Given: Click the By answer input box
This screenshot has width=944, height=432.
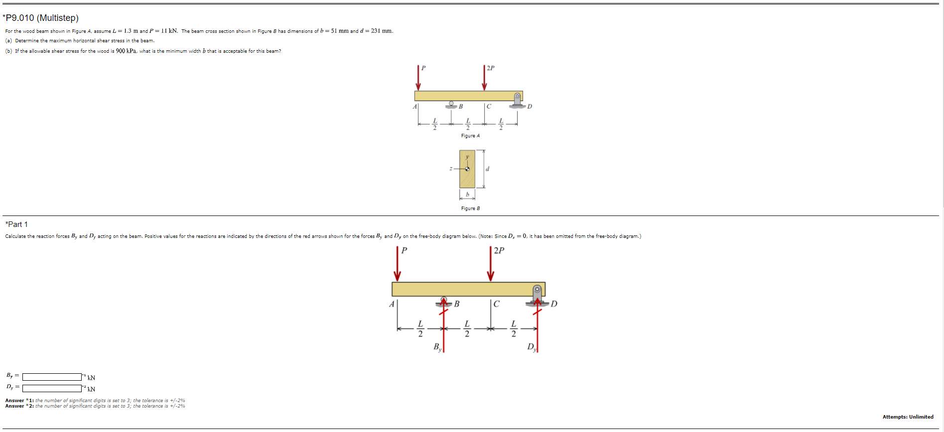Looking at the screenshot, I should coord(52,377).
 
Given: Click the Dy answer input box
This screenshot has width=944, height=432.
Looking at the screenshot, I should coord(52,388).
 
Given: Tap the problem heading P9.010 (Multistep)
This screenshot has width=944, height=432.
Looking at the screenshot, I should coord(41,18).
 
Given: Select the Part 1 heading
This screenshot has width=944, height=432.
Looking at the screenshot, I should coord(16,224).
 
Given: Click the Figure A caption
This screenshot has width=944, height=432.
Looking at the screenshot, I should coord(470,136).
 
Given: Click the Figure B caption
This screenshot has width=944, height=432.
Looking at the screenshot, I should coord(470,209).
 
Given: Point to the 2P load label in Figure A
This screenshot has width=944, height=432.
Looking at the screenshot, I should coord(491,68).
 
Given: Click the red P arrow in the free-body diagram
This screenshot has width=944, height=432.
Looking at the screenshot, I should coord(397,264).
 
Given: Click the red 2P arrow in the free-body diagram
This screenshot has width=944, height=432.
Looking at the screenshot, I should coord(491,264).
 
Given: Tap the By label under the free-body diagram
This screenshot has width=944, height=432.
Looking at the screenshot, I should coord(437,347).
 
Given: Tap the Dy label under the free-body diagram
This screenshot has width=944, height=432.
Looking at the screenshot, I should coord(532,347).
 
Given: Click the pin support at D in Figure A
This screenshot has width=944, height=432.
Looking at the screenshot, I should coord(518,100).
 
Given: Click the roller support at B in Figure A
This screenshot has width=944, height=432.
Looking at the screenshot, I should coord(451,105).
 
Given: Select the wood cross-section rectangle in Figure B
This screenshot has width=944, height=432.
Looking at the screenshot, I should coord(467,169).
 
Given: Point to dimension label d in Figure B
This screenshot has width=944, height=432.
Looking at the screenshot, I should coord(488,169).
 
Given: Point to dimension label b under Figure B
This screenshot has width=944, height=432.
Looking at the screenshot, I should coord(467,194).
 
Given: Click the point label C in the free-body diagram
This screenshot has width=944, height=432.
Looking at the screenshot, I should coord(496,304).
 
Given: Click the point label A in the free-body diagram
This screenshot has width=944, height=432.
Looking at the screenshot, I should coord(392,304).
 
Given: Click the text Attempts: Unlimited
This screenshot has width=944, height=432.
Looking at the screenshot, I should coord(908,417).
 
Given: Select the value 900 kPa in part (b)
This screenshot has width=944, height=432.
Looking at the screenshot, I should coord(127,51).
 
